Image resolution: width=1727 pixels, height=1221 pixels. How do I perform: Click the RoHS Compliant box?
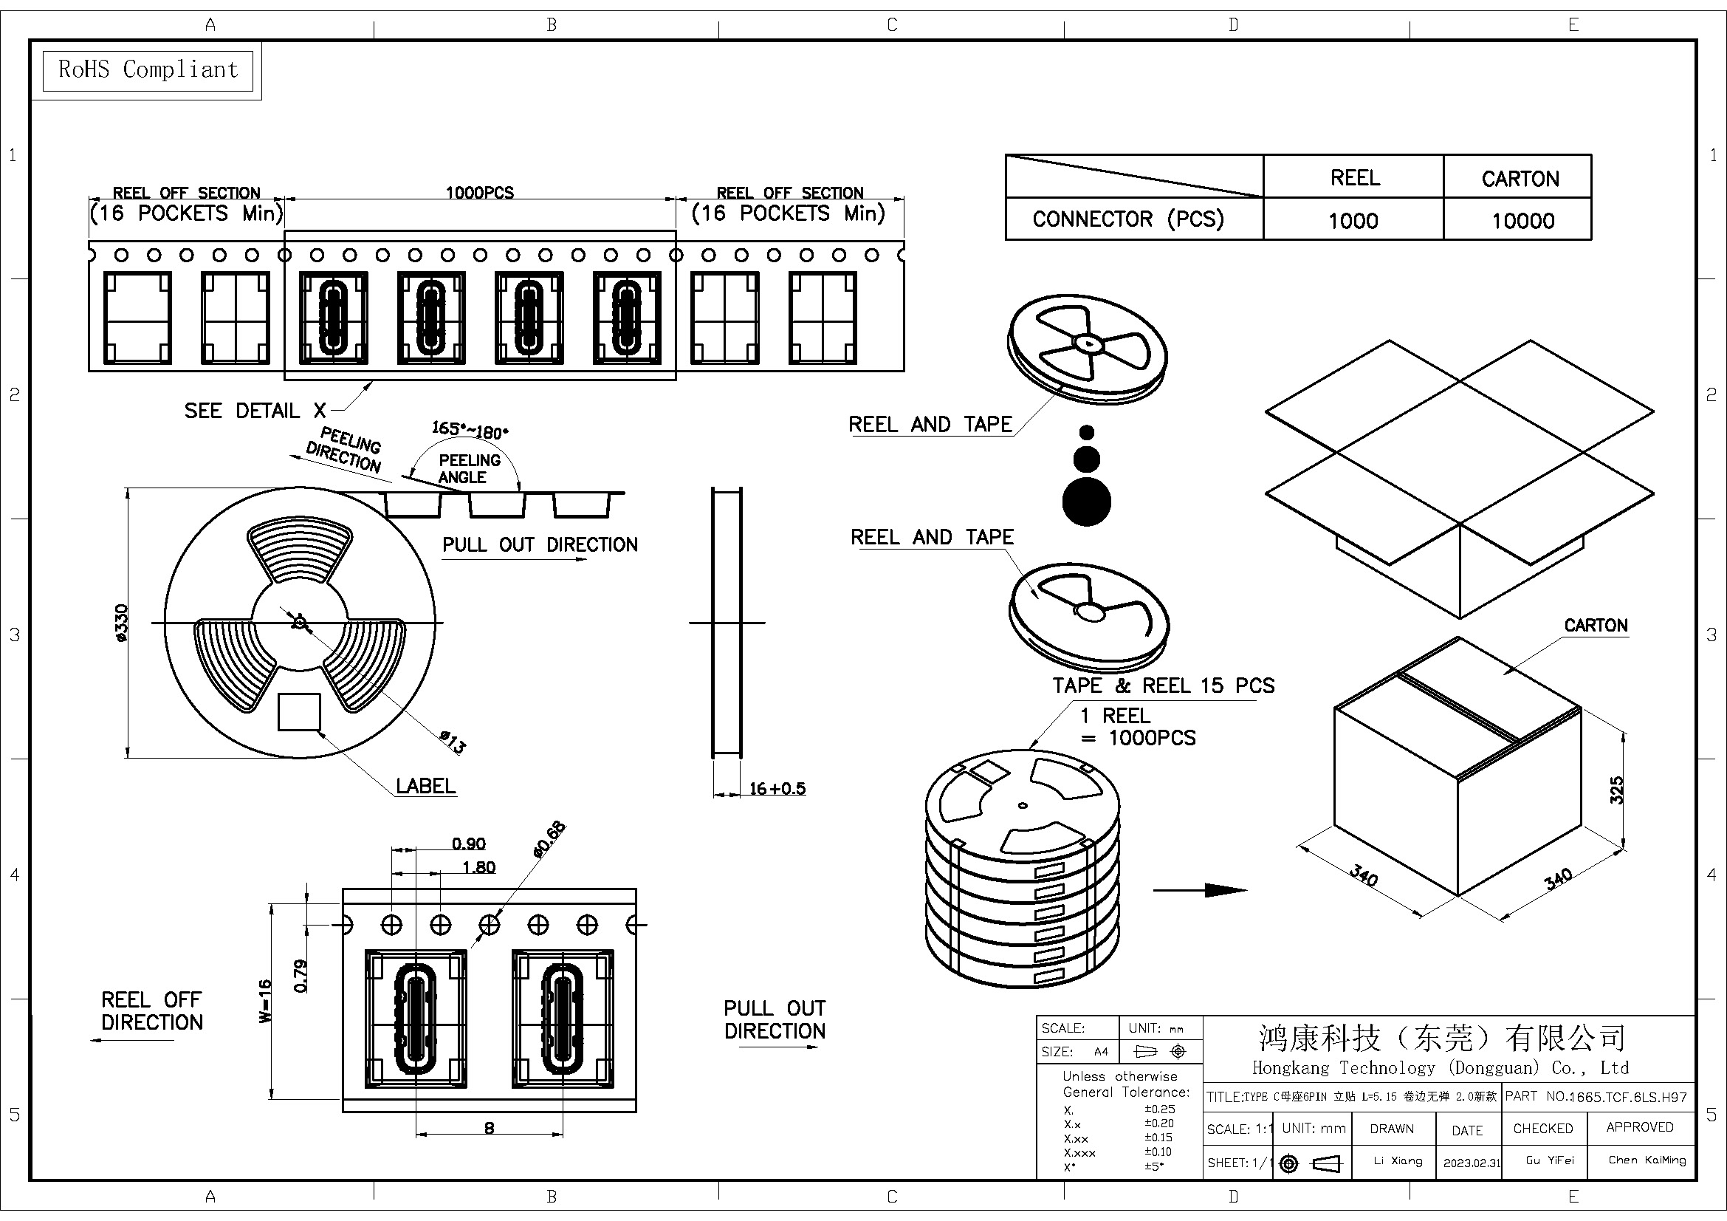point(148,70)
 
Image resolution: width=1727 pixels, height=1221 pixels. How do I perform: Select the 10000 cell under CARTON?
point(1522,220)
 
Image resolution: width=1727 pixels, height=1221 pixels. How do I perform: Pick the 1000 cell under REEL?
point(1353,220)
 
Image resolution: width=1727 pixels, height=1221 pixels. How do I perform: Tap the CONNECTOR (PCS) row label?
point(1128,219)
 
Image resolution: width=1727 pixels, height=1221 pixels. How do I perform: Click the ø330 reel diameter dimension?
point(122,623)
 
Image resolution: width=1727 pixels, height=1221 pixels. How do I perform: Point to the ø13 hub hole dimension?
point(453,742)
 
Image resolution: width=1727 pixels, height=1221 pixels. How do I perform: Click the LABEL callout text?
point(426,786)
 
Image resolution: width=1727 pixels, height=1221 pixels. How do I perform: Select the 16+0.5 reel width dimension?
point(776,788)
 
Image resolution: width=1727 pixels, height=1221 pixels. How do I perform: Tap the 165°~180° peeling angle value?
point(470,431)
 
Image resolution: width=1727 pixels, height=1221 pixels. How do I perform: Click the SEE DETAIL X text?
point(255,411)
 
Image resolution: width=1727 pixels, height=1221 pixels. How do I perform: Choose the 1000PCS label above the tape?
point(480,193)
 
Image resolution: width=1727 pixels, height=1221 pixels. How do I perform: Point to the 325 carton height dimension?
point(1616,790)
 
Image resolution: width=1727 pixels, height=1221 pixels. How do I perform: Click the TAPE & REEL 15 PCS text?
point(1163,685)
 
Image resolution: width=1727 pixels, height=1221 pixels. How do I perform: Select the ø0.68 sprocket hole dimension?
point(549,839)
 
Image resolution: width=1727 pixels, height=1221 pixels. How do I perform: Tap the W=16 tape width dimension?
point(265,1001)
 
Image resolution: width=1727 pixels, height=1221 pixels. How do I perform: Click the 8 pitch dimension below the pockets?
point(490,1128)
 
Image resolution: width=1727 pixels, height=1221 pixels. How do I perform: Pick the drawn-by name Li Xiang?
point(1398,1161)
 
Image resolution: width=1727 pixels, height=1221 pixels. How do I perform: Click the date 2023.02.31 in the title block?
point(1472,1163)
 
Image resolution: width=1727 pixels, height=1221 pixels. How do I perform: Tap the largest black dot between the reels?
point(1086,502)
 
